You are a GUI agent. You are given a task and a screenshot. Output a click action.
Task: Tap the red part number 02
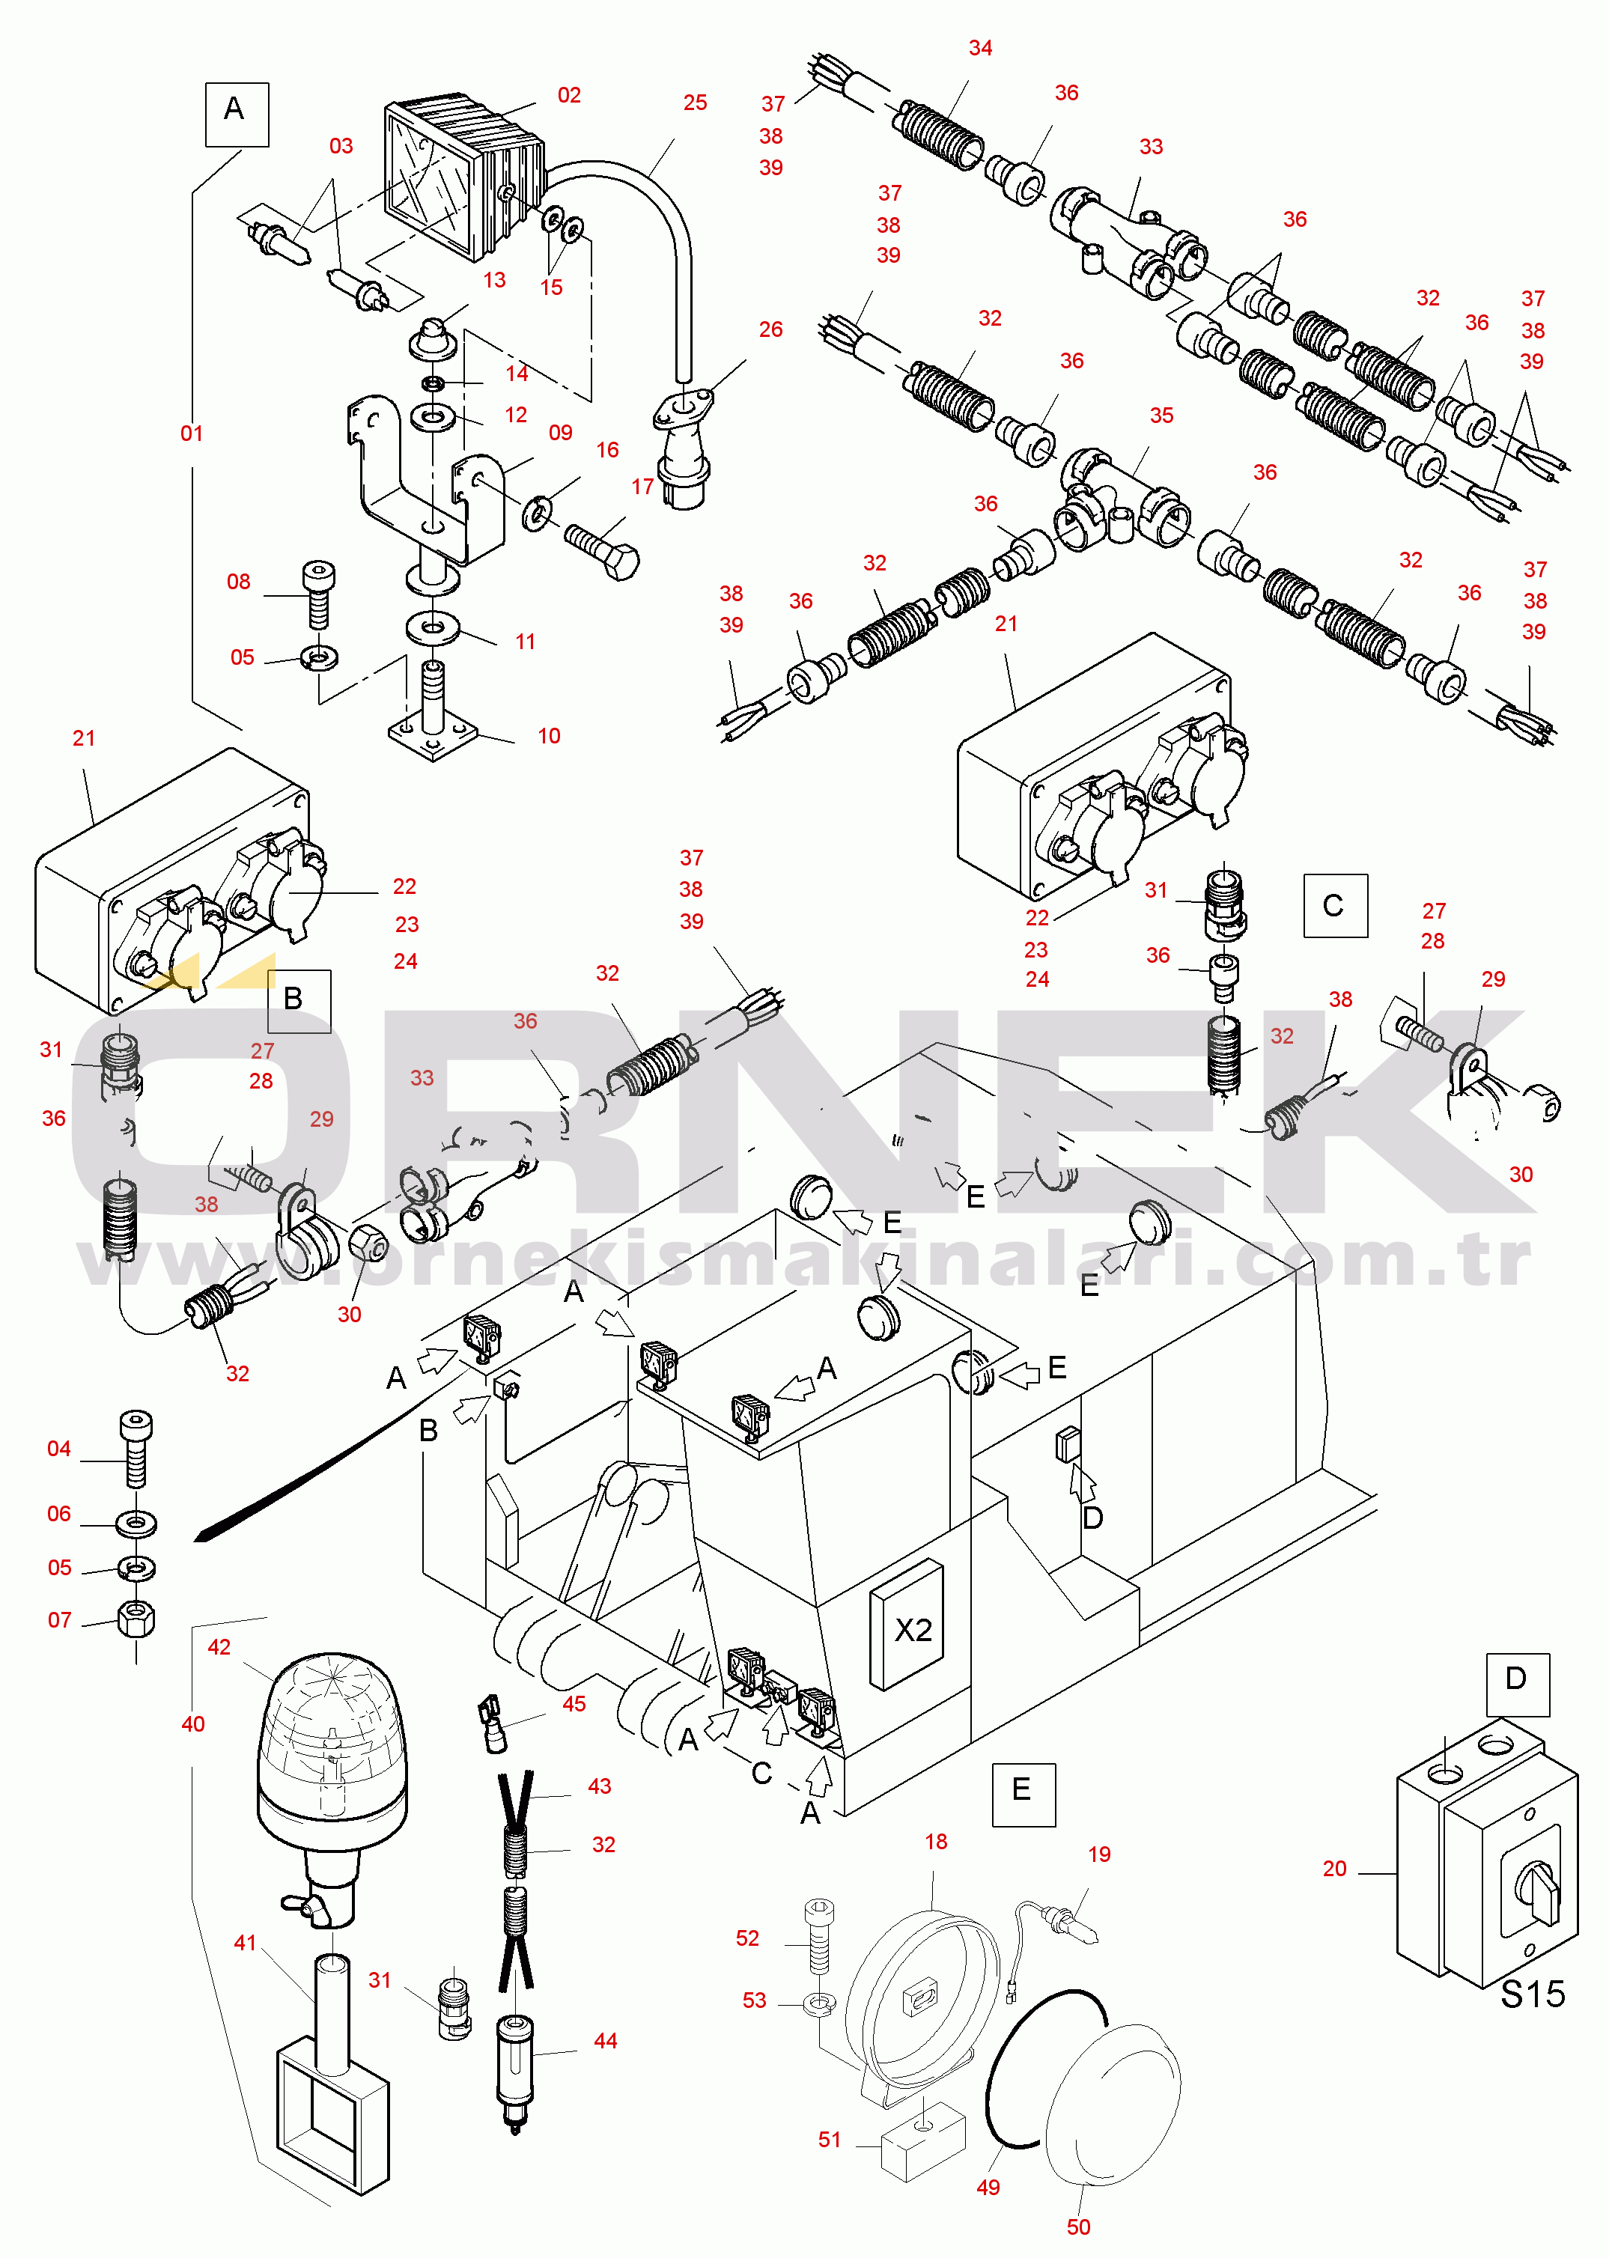(569, 95)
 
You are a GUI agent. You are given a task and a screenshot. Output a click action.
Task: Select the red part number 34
(980, 48)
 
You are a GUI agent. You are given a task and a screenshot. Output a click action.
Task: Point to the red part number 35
(1161, 415)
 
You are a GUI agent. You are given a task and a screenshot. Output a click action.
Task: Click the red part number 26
(771, 329)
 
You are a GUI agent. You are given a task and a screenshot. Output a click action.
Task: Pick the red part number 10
(549, 735)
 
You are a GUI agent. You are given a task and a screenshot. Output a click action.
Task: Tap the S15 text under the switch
(1532, 1994)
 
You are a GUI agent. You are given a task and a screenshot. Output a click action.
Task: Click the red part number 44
(606, 2040)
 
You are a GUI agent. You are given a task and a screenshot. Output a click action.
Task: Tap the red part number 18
(936, 1841)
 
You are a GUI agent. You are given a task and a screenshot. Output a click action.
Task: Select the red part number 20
(1334, 1868)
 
